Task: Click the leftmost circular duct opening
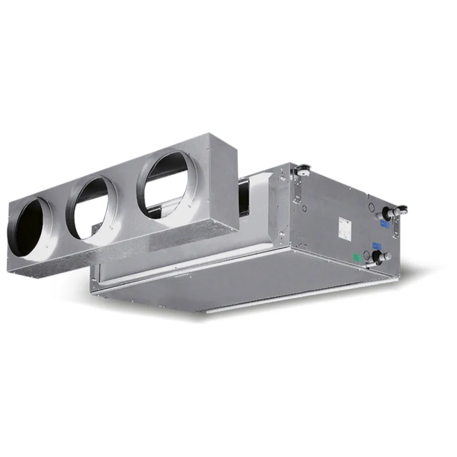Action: pos(30,228)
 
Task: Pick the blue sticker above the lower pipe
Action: pos(377,245)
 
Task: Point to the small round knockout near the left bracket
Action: pos(304,207)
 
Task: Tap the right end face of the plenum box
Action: pos(224,183)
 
